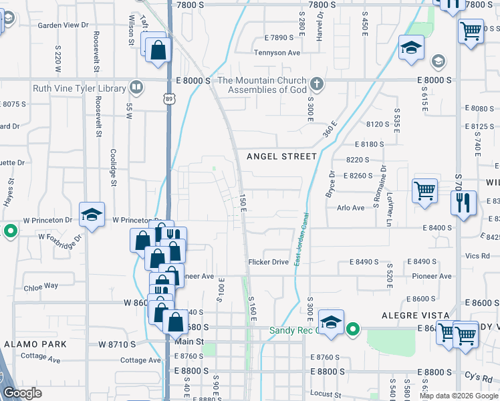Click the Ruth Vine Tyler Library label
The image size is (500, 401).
tap(80, 88)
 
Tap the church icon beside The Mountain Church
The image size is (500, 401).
tap(317, 85)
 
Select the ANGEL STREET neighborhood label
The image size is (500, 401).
tap(281, 156)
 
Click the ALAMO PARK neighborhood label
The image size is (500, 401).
tap(35, 344)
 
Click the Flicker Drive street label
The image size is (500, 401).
tap(268, 262)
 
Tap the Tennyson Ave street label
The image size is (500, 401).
tap(277, 52)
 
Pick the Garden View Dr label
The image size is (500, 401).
tap(63, 25)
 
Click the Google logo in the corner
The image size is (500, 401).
tap(22, 393)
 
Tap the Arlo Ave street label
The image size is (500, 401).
tap(350, 208)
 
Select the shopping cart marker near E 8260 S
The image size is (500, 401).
tap(424, 190)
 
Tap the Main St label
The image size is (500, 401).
tap(188, 342)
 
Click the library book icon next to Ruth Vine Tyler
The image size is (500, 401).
tap(136, 88)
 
